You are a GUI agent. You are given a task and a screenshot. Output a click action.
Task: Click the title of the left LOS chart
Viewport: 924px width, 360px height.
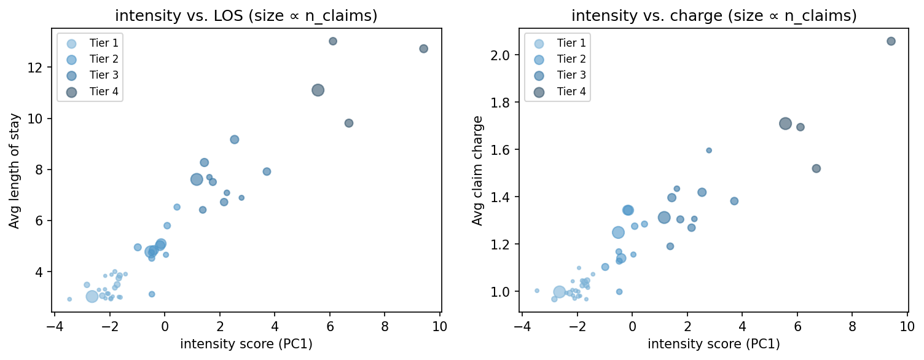click(246, 16)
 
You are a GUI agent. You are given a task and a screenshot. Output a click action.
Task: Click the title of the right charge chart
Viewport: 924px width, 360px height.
click(714, 16)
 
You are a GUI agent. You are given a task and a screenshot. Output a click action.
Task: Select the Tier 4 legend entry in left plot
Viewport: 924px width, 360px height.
click(90, 92)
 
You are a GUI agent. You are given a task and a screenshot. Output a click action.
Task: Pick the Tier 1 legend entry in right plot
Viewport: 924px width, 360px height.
click(557, 43)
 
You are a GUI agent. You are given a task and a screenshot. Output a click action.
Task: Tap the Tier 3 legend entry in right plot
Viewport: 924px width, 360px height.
click(557, 76)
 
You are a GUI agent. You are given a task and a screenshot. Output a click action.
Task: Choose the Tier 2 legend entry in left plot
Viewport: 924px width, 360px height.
click(90, 60)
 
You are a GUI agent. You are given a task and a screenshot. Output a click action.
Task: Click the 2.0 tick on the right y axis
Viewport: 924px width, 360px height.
click(504, 55)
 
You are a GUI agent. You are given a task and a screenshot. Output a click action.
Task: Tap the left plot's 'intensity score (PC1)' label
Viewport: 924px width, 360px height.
click(246, 344)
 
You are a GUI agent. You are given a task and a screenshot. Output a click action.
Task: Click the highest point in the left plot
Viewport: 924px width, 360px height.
click(333, 41)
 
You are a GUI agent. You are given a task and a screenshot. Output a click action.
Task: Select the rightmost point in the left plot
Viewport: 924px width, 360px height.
click(423, 49)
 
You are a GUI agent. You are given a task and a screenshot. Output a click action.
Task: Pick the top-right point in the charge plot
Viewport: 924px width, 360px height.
click(891, 41)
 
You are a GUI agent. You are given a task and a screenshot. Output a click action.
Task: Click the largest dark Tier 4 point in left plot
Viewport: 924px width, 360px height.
click(318, 90)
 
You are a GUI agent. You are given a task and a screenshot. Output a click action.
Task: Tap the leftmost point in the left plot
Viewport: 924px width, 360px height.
click(69, 299)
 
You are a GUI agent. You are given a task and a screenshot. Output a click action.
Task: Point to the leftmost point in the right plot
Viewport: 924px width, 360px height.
click(536, 291)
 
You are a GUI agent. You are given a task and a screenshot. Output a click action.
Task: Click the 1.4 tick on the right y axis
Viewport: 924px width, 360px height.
click(504, 197)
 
